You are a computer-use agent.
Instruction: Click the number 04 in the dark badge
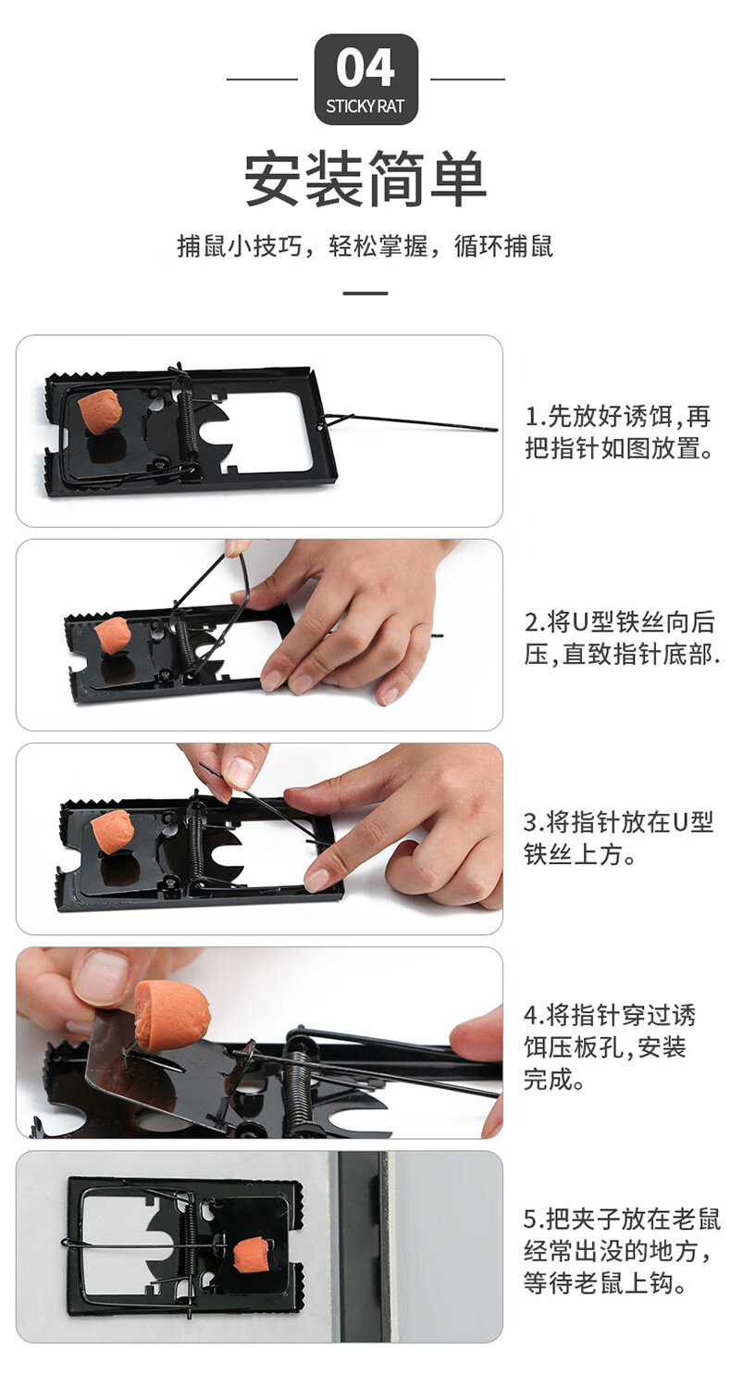365,68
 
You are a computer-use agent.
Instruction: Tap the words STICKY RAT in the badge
365,106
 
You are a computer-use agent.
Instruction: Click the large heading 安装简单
365,179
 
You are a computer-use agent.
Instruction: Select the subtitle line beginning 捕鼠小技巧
365,246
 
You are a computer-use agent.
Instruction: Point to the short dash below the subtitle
365,294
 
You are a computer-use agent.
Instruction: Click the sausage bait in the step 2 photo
112,634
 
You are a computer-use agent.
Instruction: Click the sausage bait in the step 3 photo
113,832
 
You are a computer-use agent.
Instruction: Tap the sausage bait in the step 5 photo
252,1253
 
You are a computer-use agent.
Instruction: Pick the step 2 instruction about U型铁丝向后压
621,638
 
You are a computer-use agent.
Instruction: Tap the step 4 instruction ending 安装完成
610,1047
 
